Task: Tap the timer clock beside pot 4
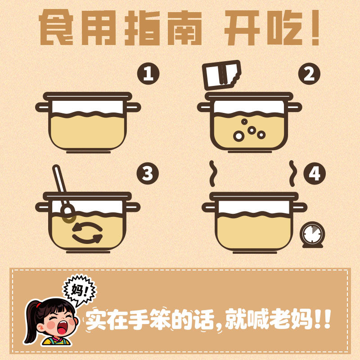pos(311,234)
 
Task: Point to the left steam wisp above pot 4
pos(213,173)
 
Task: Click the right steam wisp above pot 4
pos(292,173)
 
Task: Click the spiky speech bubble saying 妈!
pos(77,288)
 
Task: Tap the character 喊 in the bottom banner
pos(258,319)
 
